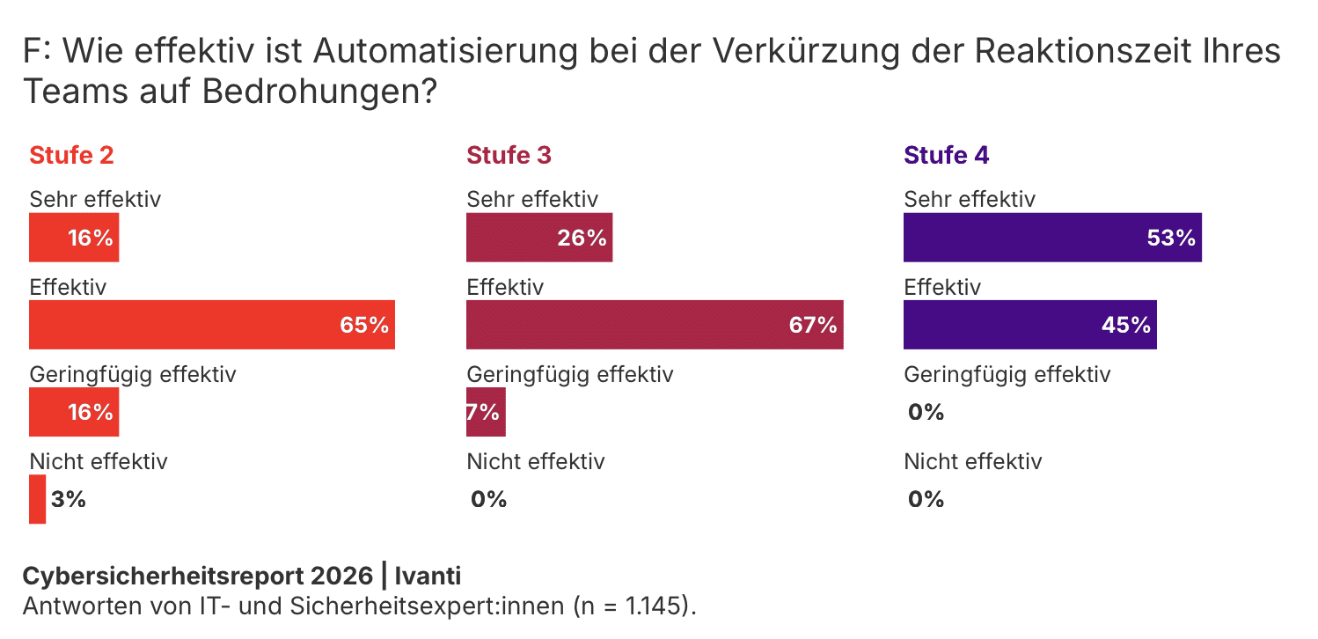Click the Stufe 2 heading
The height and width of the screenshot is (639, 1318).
point(71,156)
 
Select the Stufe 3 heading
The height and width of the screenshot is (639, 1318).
point(509,156)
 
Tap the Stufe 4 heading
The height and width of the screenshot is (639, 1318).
point(946,156)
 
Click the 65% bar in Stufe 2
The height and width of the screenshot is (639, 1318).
point(211,325)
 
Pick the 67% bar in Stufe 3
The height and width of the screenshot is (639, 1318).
point(654,325)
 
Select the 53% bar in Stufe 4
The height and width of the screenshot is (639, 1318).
point(1051,238)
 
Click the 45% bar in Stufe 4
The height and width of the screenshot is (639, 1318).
point(1029,325)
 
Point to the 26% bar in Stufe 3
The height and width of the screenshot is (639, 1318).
point(538,238)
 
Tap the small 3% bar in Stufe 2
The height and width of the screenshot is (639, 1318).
point(37,499)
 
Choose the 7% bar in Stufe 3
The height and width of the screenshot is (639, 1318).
point(486,412)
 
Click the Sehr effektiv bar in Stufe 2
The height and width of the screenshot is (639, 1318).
point(74,238)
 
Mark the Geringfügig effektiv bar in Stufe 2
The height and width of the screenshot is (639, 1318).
point(74,412)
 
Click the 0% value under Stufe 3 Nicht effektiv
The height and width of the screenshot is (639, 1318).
point(489,500)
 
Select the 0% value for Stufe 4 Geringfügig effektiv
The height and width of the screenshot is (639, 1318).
point(926,412)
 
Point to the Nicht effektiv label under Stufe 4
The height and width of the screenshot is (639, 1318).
point(972,461)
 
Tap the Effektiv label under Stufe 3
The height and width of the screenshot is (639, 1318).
point(505,288)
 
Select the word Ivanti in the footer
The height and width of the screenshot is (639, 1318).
point(428,577)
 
